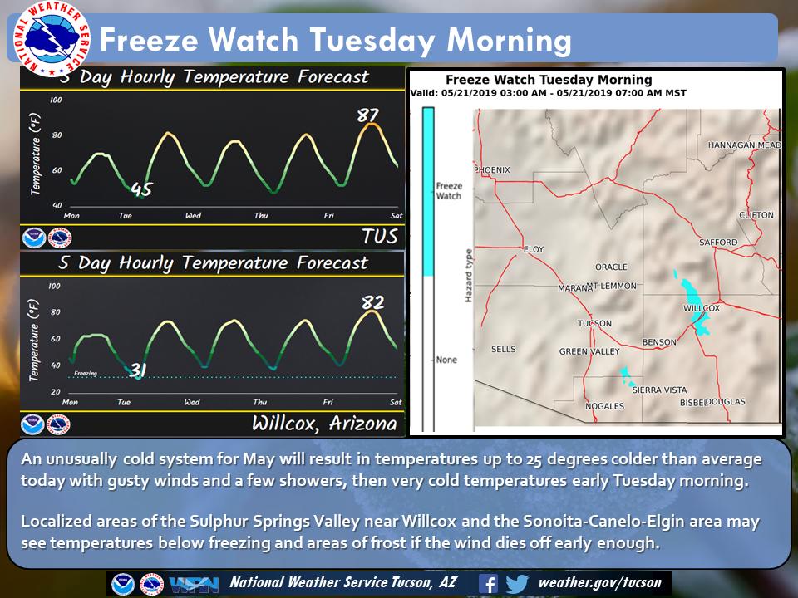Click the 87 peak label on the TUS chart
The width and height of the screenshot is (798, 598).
[368, 115]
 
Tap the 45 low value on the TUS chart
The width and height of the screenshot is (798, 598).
[141, 191]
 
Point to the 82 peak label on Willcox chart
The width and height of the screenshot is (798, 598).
[372, 302]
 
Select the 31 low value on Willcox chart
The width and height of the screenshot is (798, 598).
[139, 372]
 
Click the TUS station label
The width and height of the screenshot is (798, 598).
[379, 236]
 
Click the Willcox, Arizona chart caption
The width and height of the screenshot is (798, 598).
[324, 423]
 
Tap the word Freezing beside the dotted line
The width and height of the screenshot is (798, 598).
[86, 374]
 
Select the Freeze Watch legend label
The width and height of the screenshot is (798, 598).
[448, 191]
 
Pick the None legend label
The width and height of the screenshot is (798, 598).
[447, 360]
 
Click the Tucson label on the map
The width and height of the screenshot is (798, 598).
[594, 324]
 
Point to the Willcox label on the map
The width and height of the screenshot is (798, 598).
[701, 307]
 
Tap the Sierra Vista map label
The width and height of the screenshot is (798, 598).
[659, 390]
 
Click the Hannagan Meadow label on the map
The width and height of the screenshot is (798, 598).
[745, 145]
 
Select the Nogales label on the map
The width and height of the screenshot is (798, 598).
[604, 406]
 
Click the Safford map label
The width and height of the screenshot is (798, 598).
[717, 243]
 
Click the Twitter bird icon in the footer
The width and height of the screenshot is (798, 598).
[516, 583]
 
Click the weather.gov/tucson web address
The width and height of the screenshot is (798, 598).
[599, 583]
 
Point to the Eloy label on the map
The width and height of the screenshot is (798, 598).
[533, 249]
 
